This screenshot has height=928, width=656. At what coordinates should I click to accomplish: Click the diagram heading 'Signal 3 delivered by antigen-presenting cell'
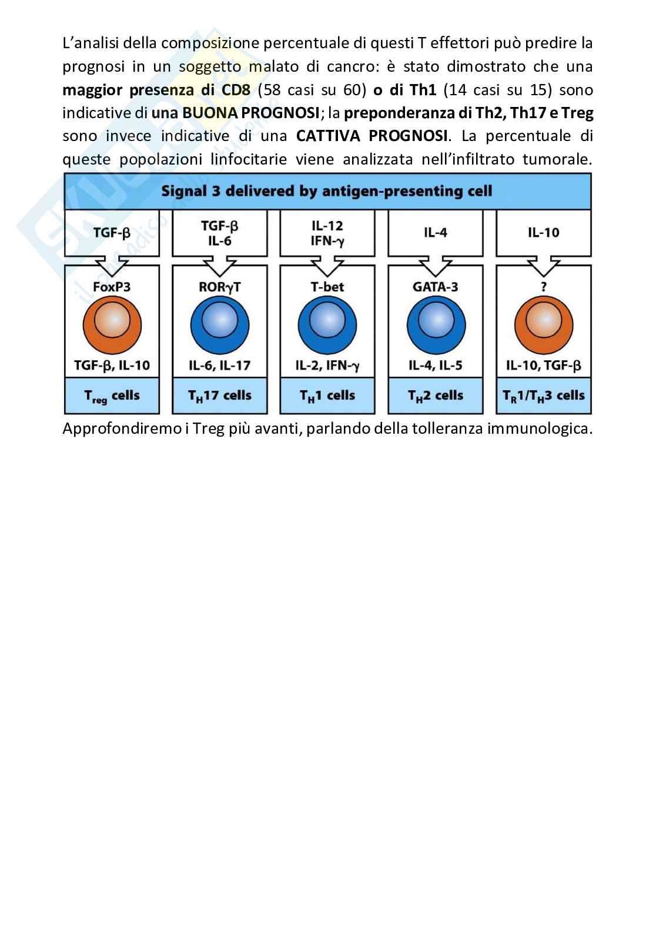click(x=327, y=191)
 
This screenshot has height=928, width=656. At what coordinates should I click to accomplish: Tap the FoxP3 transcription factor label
click(x=112, y=287)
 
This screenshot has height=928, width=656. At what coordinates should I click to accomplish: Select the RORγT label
click(x=220, y=287)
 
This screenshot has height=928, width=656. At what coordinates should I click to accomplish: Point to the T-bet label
click(x=327, y=287)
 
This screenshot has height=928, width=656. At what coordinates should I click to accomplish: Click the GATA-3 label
click(x=436, y=287)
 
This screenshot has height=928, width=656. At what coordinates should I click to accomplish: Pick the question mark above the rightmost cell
click(x=544, y=287)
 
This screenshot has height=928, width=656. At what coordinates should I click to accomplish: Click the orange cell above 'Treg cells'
click(x=112, y=324)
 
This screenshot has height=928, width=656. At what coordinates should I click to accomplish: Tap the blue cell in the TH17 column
click(x=220, y=324)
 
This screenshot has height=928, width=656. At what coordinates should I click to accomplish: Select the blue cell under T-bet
click(x=327, y=324)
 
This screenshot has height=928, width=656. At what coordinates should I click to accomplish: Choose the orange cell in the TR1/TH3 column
click(x=544, y=324)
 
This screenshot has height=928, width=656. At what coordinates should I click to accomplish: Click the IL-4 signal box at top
click(x=436, y=233)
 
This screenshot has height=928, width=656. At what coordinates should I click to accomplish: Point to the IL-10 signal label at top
click(x=544, y=233)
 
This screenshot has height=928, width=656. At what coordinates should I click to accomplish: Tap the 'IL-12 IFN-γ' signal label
click(x=327, y=233)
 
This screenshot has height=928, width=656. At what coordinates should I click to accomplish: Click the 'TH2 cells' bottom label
click(x=436, y=396)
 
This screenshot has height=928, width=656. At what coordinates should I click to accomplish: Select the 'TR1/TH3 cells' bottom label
click(x=544, y=396)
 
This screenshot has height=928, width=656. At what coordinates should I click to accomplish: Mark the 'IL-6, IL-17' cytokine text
click(x=220, y=366)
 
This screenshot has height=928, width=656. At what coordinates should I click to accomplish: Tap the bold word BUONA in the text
click(x=206, y=113)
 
